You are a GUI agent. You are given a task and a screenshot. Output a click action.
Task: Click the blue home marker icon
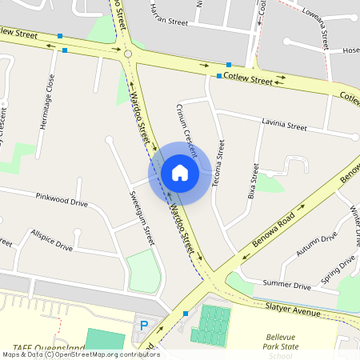click(180, 172)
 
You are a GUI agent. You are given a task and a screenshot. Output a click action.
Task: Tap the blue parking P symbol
click(144, 325)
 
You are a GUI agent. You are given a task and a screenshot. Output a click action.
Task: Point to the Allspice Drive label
click(51, 242)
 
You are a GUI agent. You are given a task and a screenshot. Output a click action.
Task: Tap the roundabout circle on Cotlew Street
click(128, 54)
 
